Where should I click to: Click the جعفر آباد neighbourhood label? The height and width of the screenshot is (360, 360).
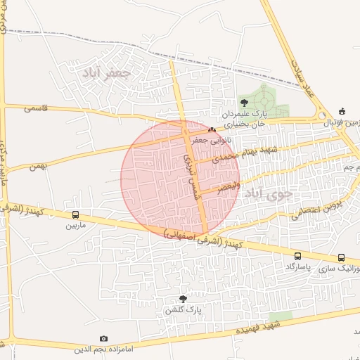[106, 72]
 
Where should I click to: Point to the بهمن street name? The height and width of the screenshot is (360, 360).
[38, 167]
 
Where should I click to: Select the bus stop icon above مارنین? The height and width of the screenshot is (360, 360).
[75, 215]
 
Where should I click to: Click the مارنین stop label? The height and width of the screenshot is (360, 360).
[75, 226]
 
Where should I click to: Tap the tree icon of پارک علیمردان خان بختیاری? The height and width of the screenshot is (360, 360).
[244, 103]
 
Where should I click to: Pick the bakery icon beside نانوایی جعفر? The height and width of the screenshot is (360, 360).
[212, 129]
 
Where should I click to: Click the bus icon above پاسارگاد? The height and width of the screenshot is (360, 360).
[298, 257]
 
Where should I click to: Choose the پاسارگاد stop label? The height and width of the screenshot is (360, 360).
[298, 268]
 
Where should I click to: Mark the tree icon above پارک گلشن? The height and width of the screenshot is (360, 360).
[184, 299]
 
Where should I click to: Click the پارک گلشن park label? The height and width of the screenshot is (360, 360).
[184, 309]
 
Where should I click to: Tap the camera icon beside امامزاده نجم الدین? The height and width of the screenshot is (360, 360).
[104, 339]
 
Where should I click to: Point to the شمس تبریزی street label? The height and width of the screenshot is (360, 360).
[192, 175]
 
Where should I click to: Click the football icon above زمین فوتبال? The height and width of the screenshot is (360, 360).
[342, 111]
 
